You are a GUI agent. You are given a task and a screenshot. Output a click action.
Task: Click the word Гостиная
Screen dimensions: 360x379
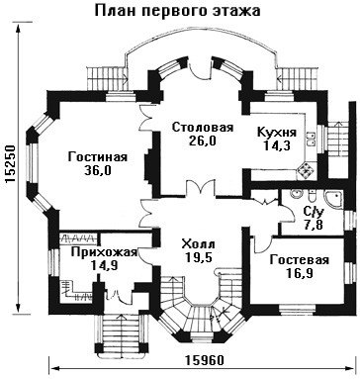pyautogui.click(x=98, y=157)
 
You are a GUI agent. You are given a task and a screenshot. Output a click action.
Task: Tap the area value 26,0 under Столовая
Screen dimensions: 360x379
pyautogui.click(x=203, y=141)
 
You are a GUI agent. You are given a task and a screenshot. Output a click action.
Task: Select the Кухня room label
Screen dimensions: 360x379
pyautogui.click(x=277, y=132)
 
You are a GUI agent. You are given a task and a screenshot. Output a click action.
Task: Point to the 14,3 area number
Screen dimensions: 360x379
pyautogui.click(x=277, y=145)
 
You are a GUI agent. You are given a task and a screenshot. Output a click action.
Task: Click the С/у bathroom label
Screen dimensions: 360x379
pyautogui.click(x=313, y=213)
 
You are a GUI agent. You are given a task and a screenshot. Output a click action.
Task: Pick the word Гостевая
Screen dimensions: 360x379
pyautogui.click(x=300, y=259)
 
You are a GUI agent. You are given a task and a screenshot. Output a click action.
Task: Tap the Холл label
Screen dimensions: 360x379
pyautogui.click(x=198, y=244)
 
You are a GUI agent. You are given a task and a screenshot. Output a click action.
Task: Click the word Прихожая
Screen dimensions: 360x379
pyautogui.click(x=104, y=252)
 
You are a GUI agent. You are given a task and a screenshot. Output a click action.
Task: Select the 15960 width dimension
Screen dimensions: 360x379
pyautogui.click(x=204, y=360)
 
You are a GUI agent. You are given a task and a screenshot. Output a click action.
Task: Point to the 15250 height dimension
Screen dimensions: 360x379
pyautogui.click(x=10, y=164)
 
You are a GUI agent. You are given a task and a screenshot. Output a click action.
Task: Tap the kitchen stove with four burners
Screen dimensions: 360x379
pyautogui.click(x=305, y=170)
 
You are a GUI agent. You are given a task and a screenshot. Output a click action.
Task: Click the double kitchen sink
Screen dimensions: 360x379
pyautogui.click(x=312, y=139)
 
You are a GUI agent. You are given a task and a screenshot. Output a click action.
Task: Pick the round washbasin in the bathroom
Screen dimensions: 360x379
pyautogui.click(x=298, y=194)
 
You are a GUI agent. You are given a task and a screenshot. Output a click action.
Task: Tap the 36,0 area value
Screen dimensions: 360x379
pyautogui.click(x=98, y=170)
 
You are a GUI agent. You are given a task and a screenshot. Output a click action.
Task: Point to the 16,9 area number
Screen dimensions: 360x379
pyautogui.click(x=300, y=273)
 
